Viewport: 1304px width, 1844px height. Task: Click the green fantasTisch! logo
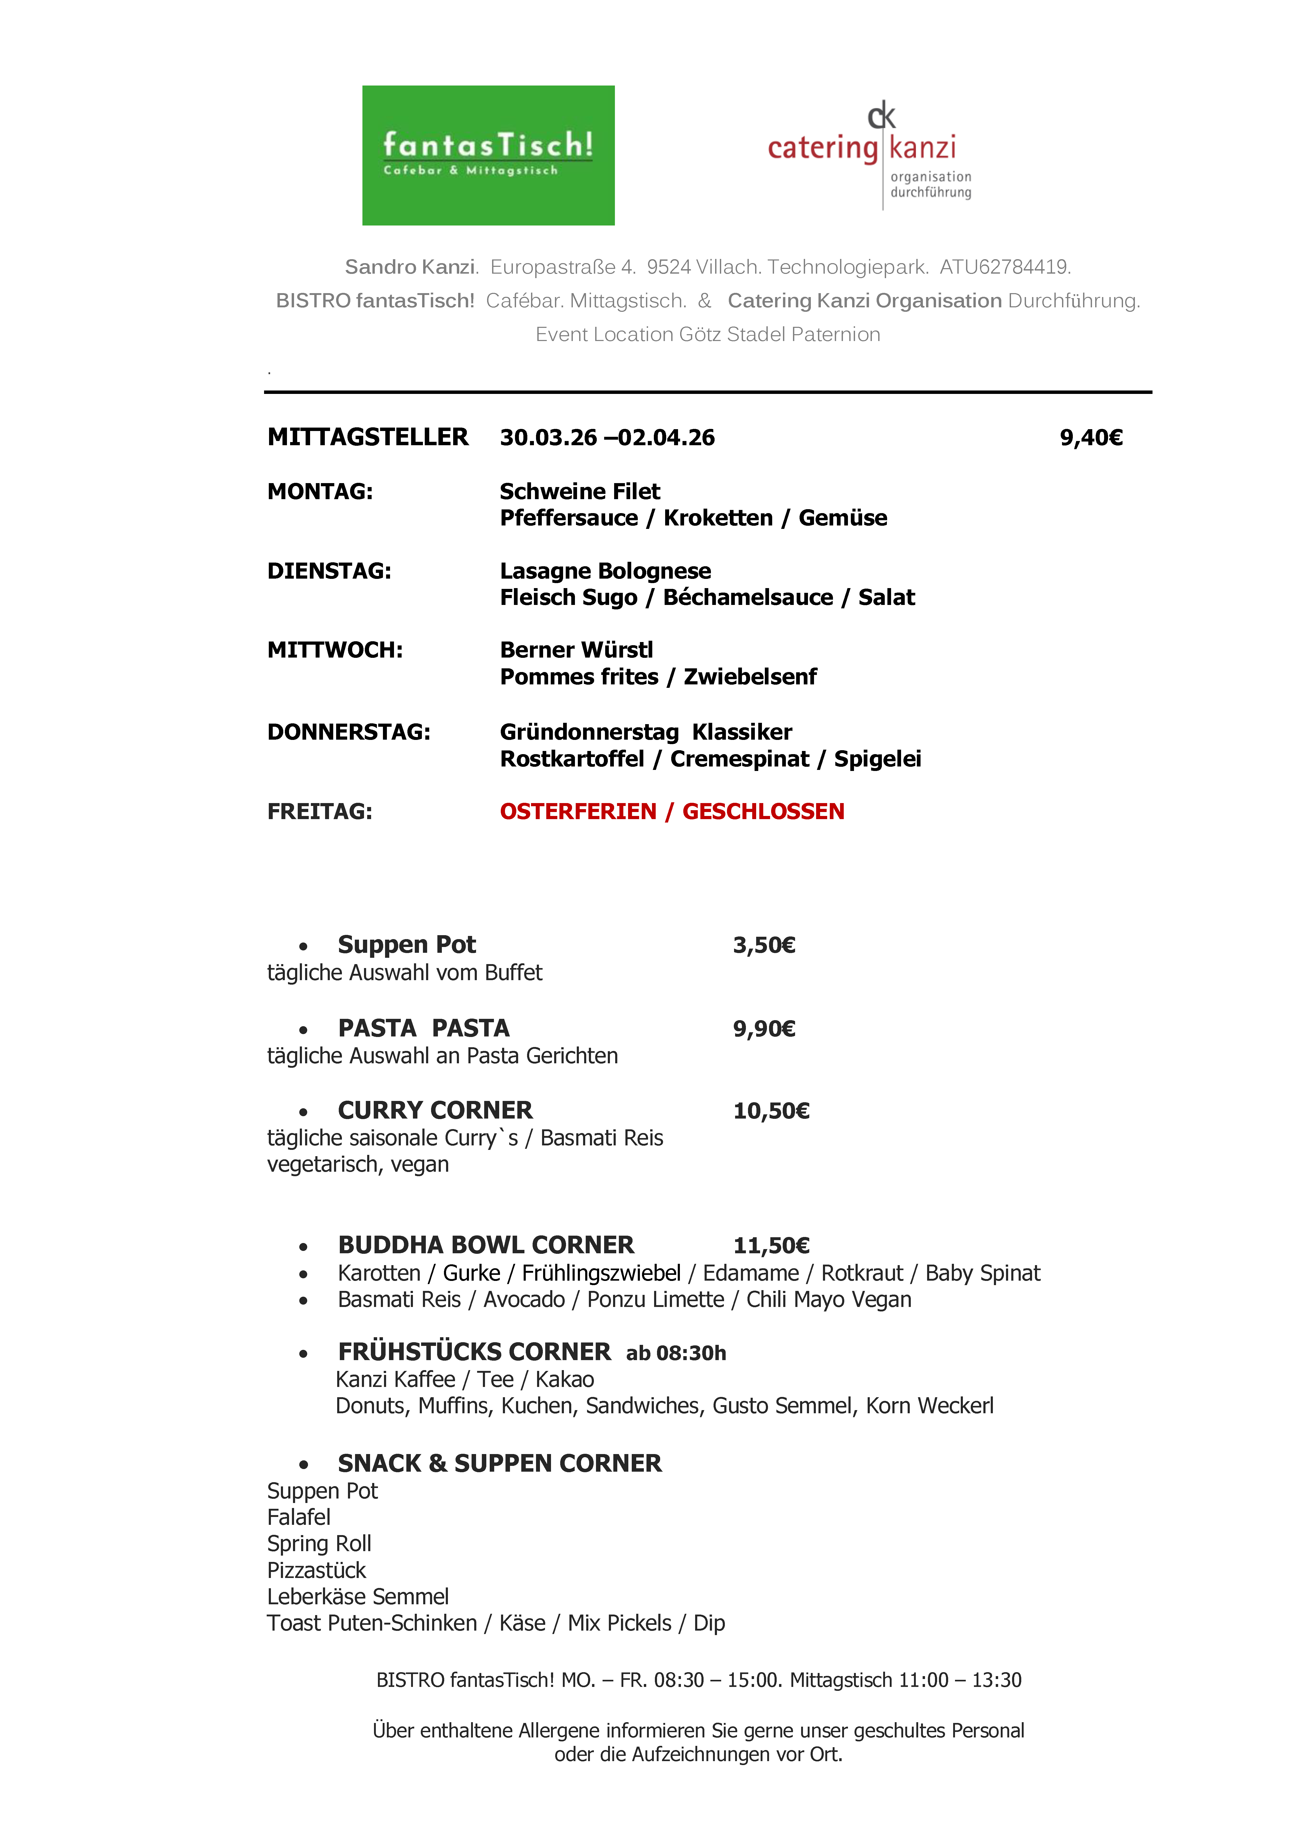488,155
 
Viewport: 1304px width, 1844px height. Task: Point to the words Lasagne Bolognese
605,571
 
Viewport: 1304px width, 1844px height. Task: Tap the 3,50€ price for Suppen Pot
764,945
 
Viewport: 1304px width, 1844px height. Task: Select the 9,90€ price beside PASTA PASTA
764,1029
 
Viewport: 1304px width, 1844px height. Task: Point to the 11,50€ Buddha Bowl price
771,1246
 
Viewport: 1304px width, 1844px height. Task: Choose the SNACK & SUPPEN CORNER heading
499,1463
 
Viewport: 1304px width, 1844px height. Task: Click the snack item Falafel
299,1517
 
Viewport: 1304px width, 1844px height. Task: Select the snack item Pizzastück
316,1570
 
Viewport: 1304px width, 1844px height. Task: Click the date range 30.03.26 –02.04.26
607,438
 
